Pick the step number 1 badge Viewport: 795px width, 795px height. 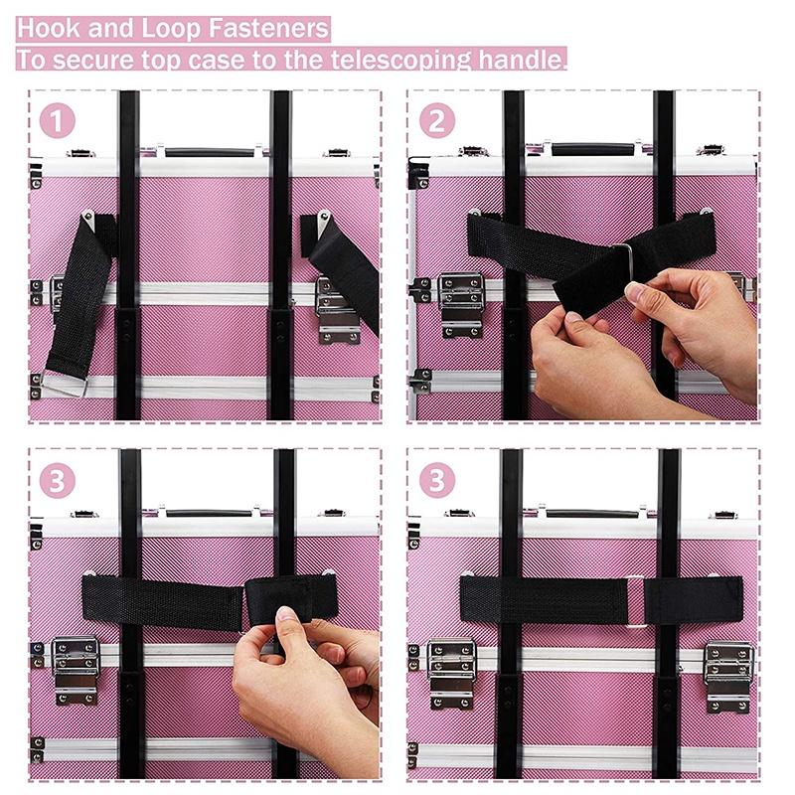tap(59, 121)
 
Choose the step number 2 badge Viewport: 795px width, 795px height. tap(437, 121)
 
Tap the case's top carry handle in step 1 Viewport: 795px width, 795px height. tap(210, 152)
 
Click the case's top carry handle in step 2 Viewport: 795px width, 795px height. tap(592, 149)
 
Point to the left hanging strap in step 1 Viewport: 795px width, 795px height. tap(77, 298)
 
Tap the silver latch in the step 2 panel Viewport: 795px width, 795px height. tap(460, 303)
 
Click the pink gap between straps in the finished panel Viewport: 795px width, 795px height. tap(636, 600)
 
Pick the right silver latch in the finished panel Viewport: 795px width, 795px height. tap(729, 676)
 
